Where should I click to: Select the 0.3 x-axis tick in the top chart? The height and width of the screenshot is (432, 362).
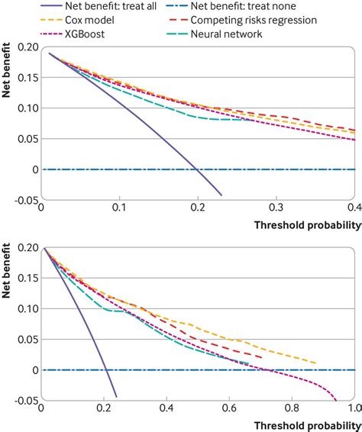pyautogui.click(x=276, y=208)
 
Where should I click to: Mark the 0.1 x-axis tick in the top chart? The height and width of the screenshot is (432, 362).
pyautogui.click(x=118, y=208)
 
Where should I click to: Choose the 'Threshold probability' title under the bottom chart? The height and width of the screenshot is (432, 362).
pyautogui.click(x=303, y=424)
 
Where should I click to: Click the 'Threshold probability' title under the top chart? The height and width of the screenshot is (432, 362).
pyautogui.click(x=303, y=225)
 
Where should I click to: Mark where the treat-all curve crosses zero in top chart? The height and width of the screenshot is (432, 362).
pyautogui.click(x=197, y=169)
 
